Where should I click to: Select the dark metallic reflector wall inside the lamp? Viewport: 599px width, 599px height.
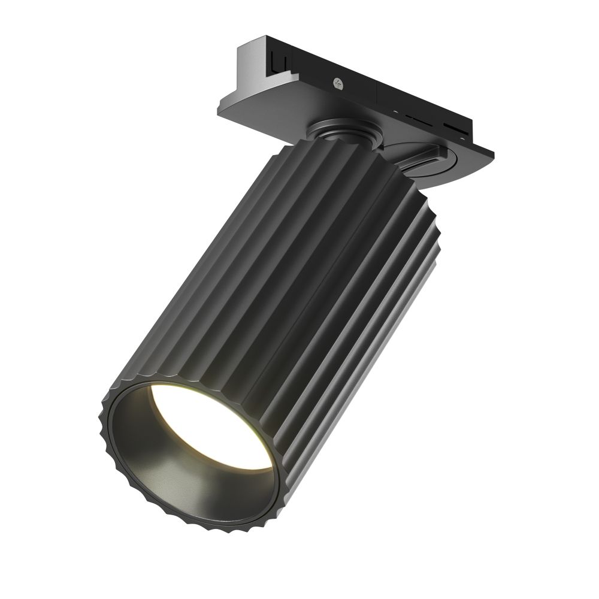180,479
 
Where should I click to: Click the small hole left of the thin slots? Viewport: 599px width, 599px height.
395,112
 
